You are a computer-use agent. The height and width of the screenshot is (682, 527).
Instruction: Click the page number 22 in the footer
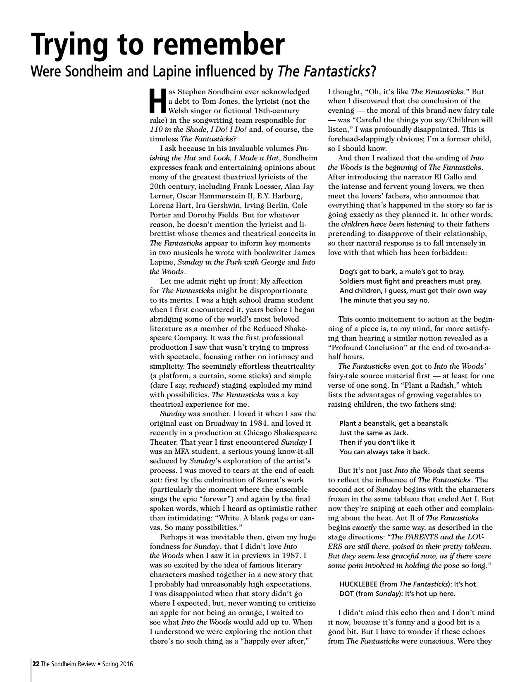pyautogui.click(x=36, y=664)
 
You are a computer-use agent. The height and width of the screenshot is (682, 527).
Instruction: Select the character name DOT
pyautogui.click(x=346, y=594)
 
